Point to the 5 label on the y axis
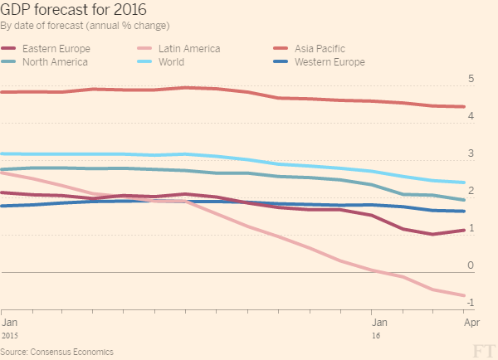[x=471, y=80]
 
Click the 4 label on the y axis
[x=471, y=117]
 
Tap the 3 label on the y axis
[x=471, y=154]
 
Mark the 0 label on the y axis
[x=471, y=265]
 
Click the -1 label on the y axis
[x=469, y=303]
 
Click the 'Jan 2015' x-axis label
[x=9, y=325]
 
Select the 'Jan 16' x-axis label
[x=378, y=325]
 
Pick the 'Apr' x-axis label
[x=461, y=320]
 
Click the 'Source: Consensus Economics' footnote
[x=56, y=352]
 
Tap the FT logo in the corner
[x=482, y=350]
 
